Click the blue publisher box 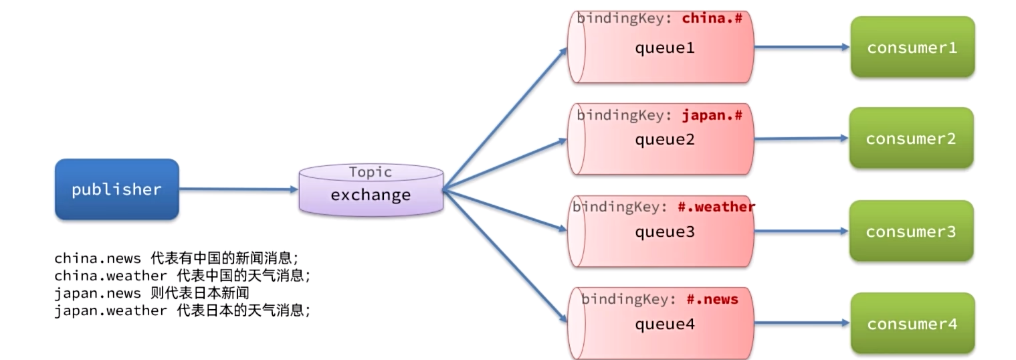click(x=116, y=189)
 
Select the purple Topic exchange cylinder click(x=371, y=190)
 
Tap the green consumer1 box click(x=912, y=48)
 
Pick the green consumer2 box click(x=911, y=139)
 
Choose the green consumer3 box click(x=911, y=232)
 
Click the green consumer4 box click(x=912, y=324)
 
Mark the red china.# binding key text click(x=712, y=19)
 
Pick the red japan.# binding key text click(x=712, y=115)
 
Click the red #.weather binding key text click(x=716, y=207)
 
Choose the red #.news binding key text click(x=712, y=299)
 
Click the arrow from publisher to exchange click(x=237, y=189)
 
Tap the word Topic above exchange click(x=371, y=172)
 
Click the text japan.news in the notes click(x=98, y=293)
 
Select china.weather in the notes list click(x=110, y=276)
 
